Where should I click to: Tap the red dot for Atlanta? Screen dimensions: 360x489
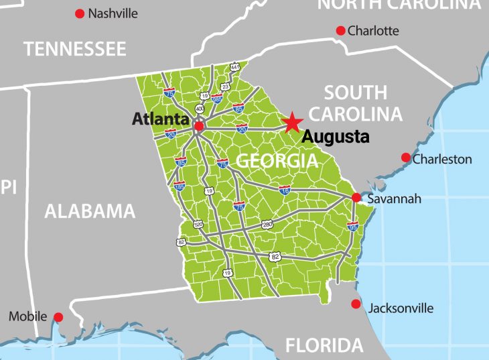(x=199, y=125)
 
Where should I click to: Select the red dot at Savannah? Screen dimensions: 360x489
(x=356, y=198)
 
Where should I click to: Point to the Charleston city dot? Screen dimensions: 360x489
(x=405, y=158)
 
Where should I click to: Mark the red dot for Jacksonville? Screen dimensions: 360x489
(x=356, y=304)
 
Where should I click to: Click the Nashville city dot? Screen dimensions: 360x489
(x=80, y=13)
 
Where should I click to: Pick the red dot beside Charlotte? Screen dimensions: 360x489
(x=340, y=30)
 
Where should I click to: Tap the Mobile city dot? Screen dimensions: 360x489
(x=58, y=316)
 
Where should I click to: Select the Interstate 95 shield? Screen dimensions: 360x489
(x=352, y=226)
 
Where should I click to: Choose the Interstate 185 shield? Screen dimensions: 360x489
(x=179, y=186)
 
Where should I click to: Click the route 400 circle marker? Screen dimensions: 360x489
(x=200, y=109)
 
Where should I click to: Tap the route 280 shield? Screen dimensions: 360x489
(x=267, y=224)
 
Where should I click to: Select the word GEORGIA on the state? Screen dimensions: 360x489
(x=277, y=161)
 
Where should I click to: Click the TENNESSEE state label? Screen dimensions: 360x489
(x=74, y=49)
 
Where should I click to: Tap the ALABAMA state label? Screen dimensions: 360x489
(x=90, y=212)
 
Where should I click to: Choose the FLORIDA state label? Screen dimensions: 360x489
(x=324, y=346)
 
